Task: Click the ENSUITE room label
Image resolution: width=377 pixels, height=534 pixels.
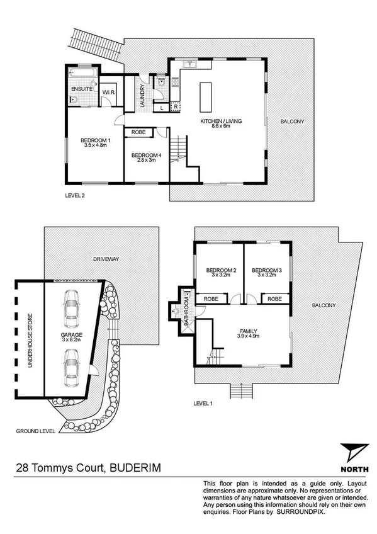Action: (x=82, y=90)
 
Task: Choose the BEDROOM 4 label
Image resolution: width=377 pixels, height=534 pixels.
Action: (x=143, y=156)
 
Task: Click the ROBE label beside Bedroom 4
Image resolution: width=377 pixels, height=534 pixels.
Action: (x=138, y=133)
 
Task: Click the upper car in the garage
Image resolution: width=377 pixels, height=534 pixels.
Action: (x=70, y=306)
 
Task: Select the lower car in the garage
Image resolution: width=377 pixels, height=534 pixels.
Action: (x=70, y=370)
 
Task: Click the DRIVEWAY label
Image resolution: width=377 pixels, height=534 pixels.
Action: (x=106, y=259)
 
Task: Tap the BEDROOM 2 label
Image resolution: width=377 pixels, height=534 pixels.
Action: (x=221, y=271)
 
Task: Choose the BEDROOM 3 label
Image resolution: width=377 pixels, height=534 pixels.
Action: (x=267, y=271)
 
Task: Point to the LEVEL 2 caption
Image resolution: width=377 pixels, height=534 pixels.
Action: (x=75, y=195)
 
